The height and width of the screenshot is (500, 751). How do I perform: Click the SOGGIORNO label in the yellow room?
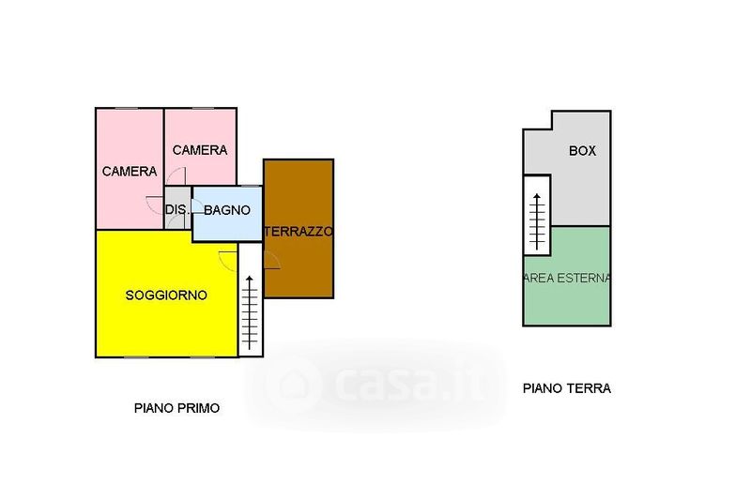(166, 295)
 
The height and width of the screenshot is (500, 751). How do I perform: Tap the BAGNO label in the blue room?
(227, 210)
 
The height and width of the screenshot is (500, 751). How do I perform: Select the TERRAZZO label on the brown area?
(299, 232)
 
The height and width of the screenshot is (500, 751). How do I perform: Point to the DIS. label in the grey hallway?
(176, 209)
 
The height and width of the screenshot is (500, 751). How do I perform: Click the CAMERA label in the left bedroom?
(130, 172)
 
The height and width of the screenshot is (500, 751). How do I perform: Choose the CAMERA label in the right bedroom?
(200, 150)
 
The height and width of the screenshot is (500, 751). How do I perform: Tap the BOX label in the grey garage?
(582, 151)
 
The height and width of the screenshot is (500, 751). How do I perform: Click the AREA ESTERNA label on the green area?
(567, 278)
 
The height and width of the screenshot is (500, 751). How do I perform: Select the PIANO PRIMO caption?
(176, 408)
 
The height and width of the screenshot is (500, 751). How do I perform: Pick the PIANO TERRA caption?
(567, 388)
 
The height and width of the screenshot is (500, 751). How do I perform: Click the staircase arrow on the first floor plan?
(250, 312)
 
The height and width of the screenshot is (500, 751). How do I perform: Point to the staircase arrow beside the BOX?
(537, 221)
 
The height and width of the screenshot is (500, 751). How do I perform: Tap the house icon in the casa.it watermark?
(294, 385)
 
